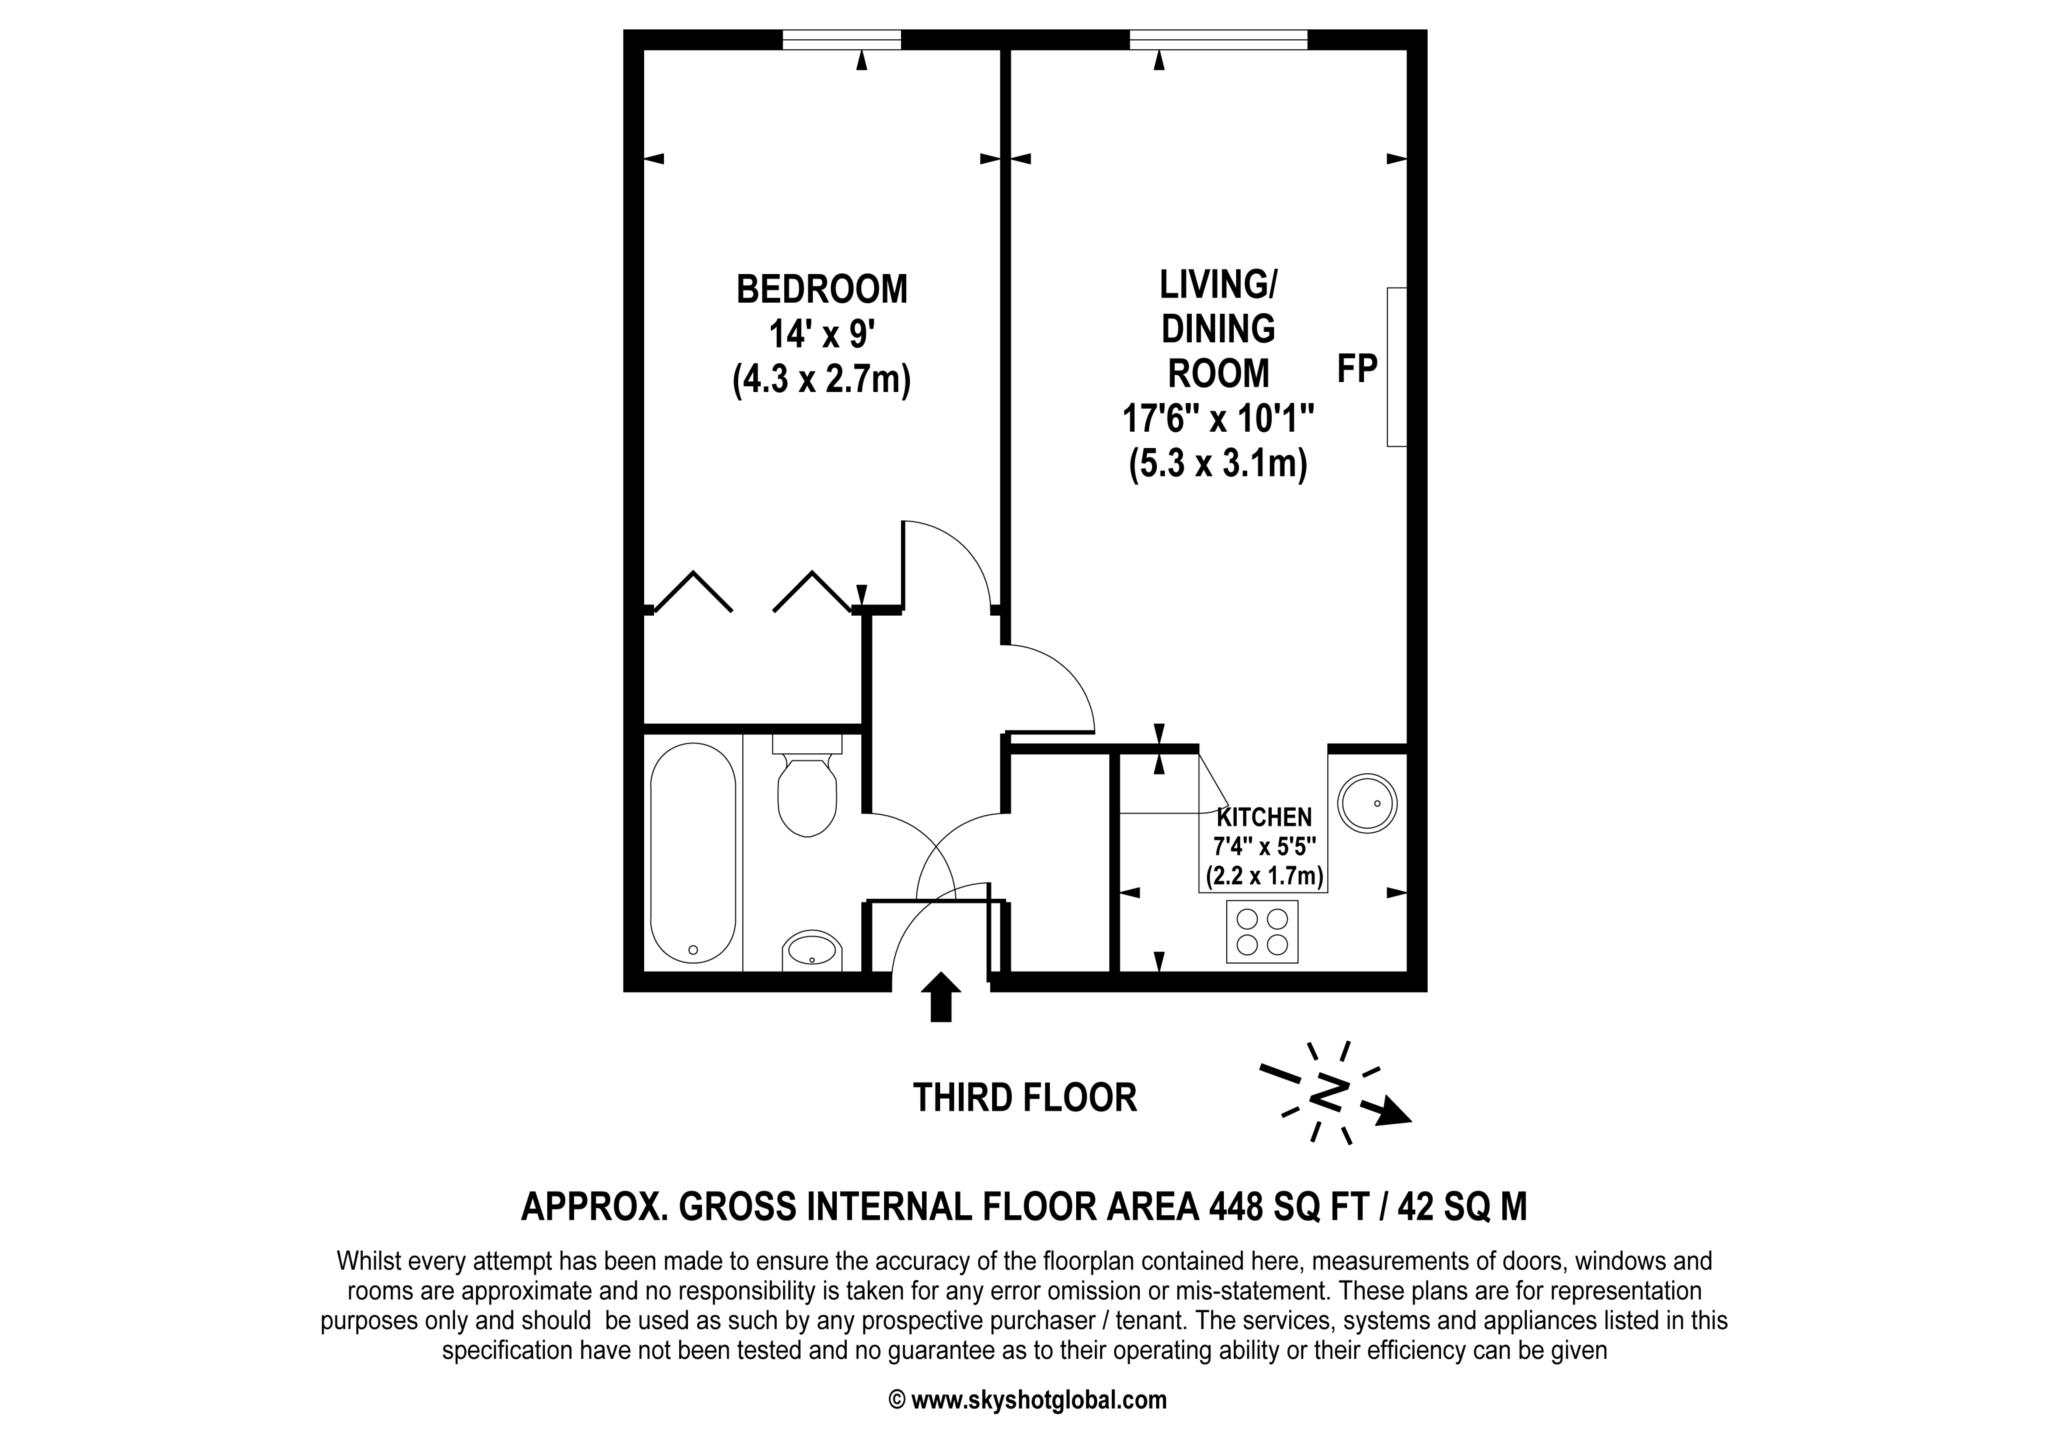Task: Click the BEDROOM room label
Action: [822, 290]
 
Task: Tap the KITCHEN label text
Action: [1264, 817]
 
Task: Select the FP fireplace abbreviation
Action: [1358, 369]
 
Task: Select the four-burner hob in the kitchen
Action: [1262, 931]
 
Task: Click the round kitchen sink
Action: [1367, 801]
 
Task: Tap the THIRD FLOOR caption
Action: [1025, 1098]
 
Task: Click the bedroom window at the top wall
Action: [841, 40]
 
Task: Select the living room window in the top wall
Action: [1219, 40]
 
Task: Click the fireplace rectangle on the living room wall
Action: [1397, 367]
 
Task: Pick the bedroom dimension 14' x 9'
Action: [822, 334]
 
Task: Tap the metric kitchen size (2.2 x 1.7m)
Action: [1265, 877]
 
